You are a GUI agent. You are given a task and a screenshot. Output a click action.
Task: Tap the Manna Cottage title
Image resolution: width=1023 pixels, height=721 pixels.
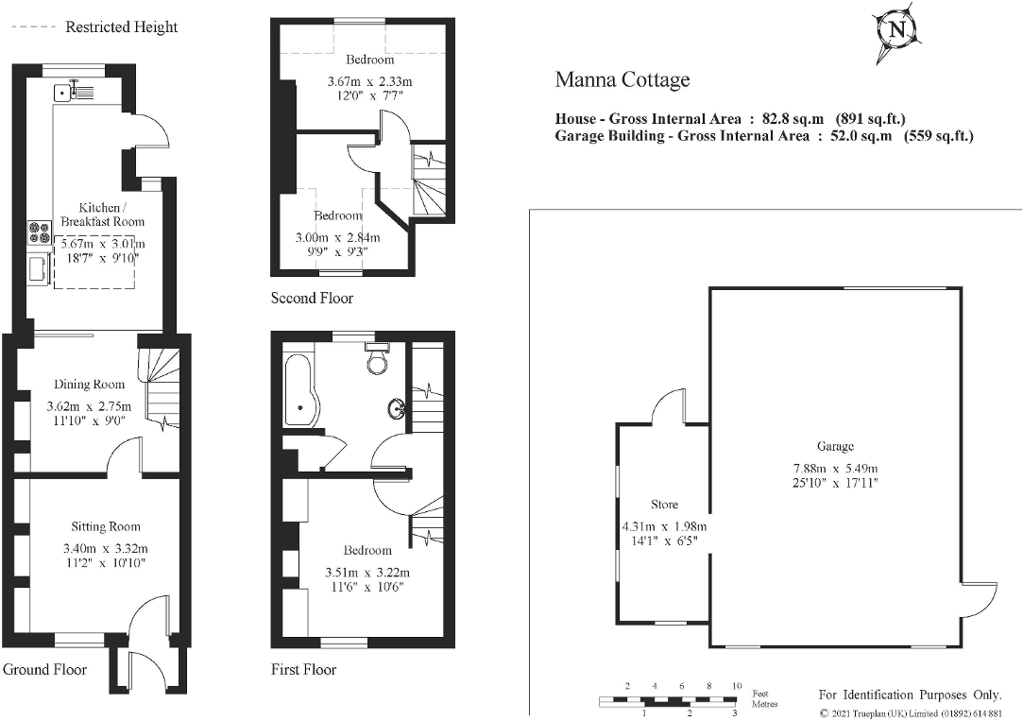pyautogui.click(x=622, y=79)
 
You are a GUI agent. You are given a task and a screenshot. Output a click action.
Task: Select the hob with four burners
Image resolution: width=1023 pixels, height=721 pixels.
pyautogui.click(x=41, y=232)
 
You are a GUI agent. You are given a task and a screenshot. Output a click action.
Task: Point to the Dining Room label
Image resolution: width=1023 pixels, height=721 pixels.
pyautogui.click(x=89, y=385)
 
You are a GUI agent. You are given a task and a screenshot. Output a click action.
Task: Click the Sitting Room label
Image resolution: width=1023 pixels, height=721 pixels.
pyautogui.click(x=106, y=526)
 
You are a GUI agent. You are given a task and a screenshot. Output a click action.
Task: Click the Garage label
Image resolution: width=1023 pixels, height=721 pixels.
pyautogui.click(x=835, y=446)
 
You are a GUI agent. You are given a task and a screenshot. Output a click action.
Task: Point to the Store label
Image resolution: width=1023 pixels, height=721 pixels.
pyautogui.click(x=664, y=504)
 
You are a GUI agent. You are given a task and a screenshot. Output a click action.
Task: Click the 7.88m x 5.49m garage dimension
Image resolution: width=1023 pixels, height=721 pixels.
pyautogui.click(x=835, y=469)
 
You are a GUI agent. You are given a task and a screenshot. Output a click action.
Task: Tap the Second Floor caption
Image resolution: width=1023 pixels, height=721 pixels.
pyautogui.click(x=312, y=299)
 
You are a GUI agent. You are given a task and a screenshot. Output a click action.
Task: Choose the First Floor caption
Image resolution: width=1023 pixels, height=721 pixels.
pyautogui.click(x=303, y=670)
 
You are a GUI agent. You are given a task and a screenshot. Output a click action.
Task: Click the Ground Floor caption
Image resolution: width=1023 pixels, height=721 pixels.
pyautogui.click(x=45, y=670)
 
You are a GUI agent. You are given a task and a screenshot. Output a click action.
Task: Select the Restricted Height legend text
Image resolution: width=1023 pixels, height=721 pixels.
pyautogui.click(x=121, y=26)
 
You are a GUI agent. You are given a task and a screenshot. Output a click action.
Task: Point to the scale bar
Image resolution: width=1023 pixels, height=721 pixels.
pyautogui.click(x=669, y=700)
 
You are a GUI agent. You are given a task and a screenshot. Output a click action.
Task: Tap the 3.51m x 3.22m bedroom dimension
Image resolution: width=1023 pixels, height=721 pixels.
pyautogui.click(x=367, y=573)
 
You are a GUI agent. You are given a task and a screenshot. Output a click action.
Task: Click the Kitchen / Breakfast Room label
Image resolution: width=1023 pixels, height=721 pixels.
pyautogui.click(x=99, y=215)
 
